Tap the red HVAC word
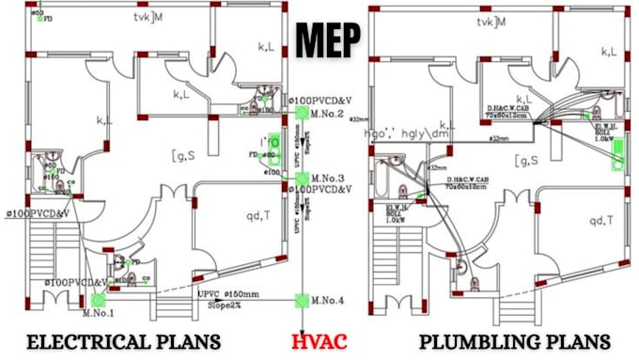(319, 340)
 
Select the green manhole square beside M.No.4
(302, 301)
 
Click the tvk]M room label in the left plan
(148, 19)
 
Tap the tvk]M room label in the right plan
(491, 21)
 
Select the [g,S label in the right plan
(526, 161)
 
